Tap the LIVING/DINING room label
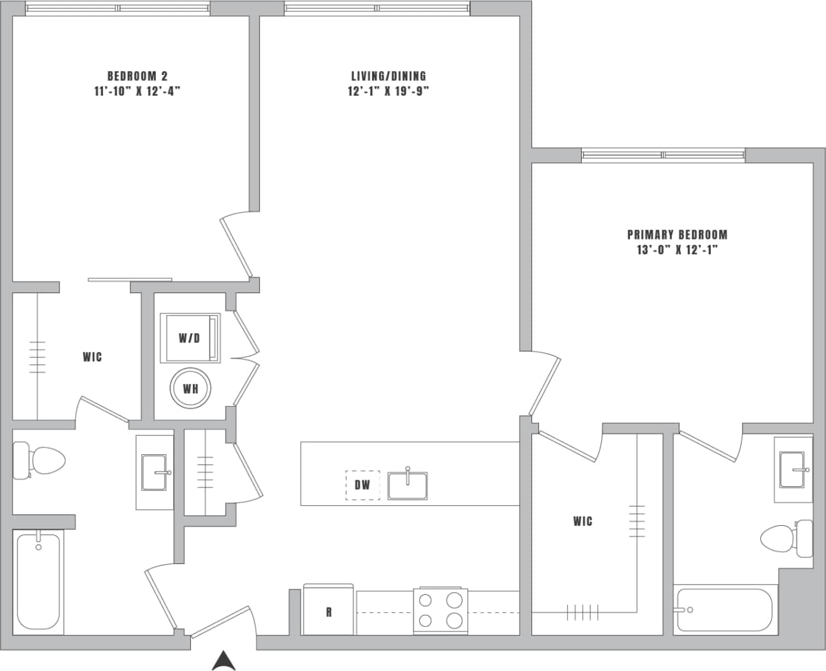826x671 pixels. point(388,76)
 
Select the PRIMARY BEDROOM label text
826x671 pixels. point(677,235)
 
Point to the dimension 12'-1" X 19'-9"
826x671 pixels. point(388,92)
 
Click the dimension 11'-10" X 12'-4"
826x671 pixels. point(138,92)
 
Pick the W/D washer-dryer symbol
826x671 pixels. point(190,338)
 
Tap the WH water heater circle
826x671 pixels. point(190,389)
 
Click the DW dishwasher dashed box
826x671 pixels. point(362,485)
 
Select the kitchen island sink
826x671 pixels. point(408,485)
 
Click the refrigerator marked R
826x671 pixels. point(328,611)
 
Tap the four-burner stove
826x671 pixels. point(440,610)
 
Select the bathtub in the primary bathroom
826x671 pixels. point(724,610)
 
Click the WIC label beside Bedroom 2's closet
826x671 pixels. point(92,357)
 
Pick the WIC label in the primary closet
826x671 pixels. point(582,521)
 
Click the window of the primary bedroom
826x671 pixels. point(663,155)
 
